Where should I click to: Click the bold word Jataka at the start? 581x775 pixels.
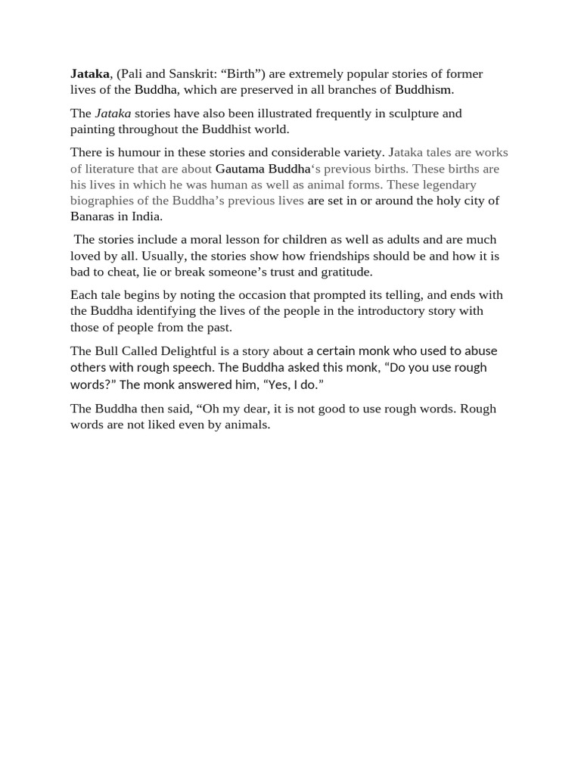90,73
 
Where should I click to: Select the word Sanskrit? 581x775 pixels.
173,73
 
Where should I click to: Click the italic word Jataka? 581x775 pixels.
113,113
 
